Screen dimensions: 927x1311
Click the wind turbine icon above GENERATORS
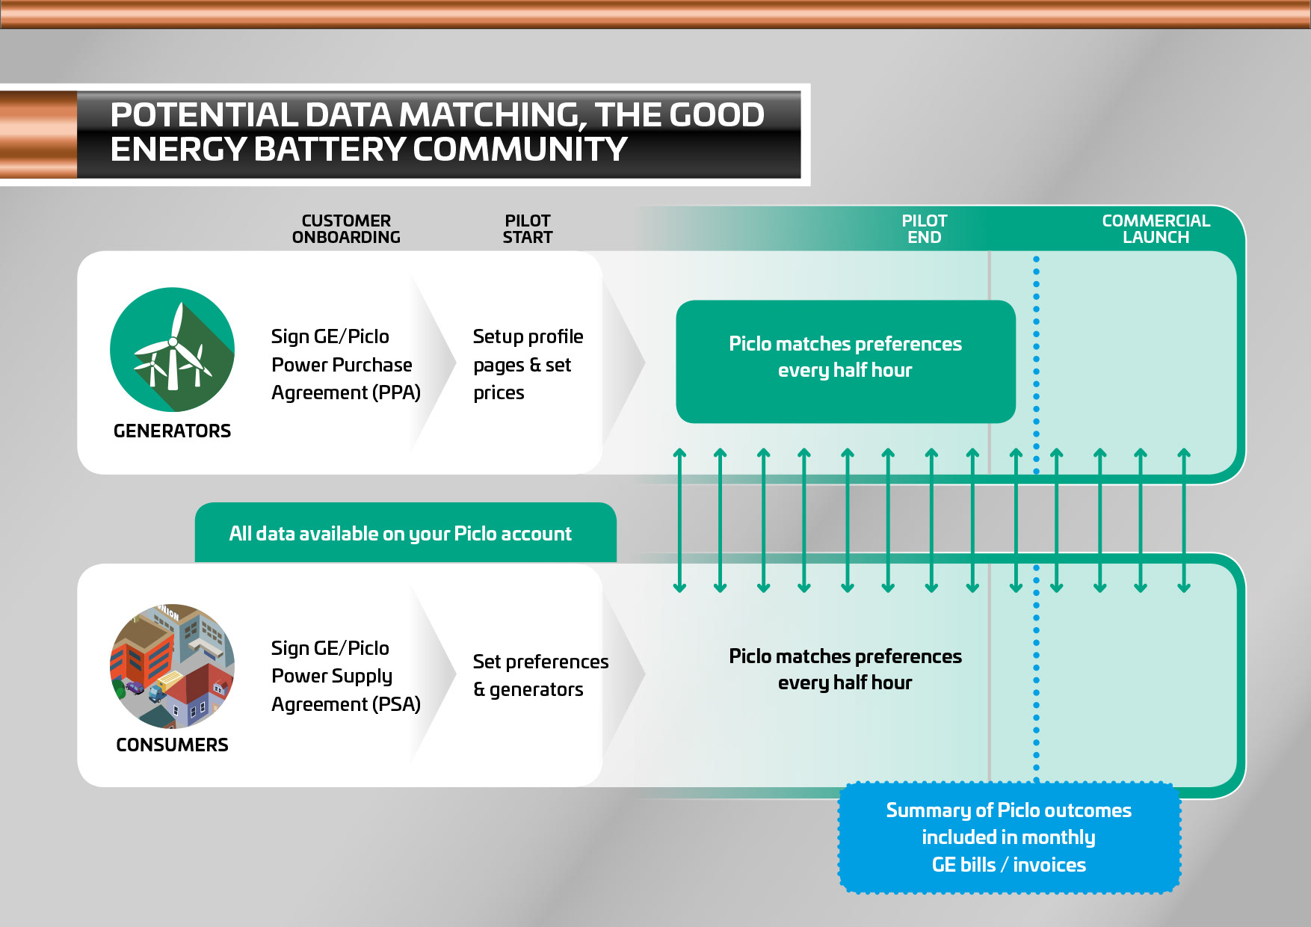tap(172, 349)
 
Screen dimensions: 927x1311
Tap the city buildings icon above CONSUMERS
tap(172, 665)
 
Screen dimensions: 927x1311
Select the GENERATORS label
tap(172, 431)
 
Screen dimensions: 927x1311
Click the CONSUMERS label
tap(172, 745)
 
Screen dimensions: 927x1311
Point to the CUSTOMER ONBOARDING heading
tap(346, 229)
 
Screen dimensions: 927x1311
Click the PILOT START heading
tap(527, 229)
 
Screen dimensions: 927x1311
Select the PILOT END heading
tap(924, 229)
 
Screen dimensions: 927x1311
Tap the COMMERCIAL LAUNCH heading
tap(1156, 229)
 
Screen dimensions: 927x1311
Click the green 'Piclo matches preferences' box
tap(845, 361)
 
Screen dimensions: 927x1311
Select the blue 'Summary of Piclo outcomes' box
tap(1008, 837)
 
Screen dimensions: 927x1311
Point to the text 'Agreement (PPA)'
tap(346, 392)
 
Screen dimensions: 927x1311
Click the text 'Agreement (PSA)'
tap(346, 704)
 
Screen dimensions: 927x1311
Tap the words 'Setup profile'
tap(528, 336)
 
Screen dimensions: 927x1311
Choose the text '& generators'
tap(528, 689)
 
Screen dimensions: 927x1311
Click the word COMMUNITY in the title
tap(519, 150)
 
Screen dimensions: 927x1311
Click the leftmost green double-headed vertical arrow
tap(679, 520)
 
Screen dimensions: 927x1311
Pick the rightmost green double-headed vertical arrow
tap(1184, 520)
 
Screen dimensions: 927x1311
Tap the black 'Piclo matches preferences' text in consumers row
tap(845, 656)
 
